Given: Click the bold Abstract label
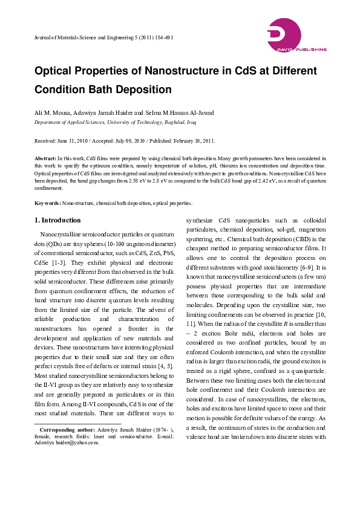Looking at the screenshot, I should [x=45, y=157].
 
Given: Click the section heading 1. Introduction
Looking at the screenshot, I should [x=57, y=220].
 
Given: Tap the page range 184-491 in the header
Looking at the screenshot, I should [x=163, y=37].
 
